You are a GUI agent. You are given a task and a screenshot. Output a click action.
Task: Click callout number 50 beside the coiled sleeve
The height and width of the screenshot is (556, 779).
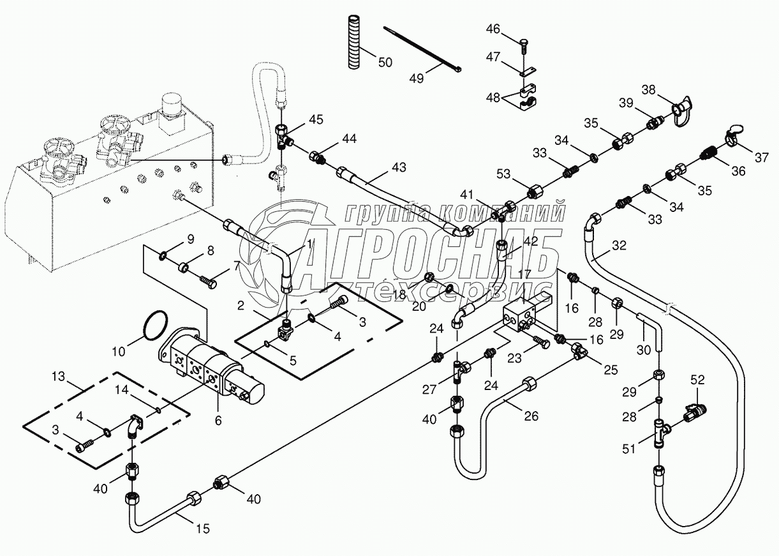point(385,62)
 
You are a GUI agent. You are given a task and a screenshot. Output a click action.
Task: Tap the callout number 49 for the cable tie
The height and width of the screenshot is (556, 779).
point(417,78)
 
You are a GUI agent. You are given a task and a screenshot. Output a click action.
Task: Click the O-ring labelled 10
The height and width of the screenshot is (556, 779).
point(155,325)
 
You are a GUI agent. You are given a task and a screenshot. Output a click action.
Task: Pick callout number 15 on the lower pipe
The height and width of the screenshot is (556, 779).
point(202,529)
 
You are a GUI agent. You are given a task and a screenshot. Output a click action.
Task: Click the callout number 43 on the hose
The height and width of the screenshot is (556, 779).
point(399,167)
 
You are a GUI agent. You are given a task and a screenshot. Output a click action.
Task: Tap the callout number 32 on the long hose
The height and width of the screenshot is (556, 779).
point(619,244)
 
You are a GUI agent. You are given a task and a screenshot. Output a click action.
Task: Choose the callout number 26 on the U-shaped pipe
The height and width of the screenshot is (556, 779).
point(531,416)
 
